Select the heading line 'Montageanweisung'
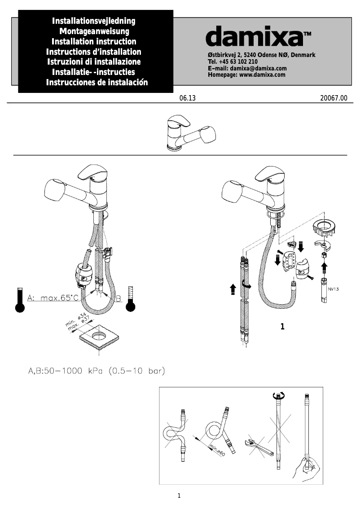(x=94, y=31)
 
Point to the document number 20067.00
(x=333, y=97)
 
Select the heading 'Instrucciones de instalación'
(x=97, y=83)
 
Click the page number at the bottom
(x=179, y=496)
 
